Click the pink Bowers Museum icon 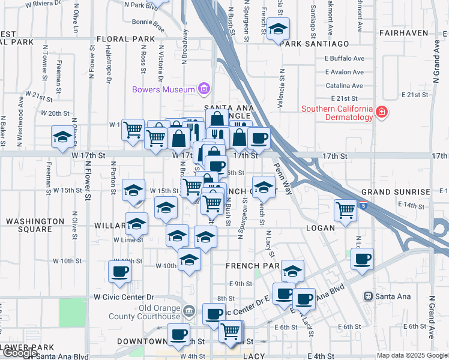click(204, 89)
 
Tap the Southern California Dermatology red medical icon click(381, 112)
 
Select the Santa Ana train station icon click(369, 296)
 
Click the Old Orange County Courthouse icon click(189, 310)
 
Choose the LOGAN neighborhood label click(319, 228)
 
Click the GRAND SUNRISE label click(396, 192)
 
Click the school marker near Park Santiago click(278, 29)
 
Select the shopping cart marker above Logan click(345, 210)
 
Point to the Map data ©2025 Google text click(411, 355)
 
